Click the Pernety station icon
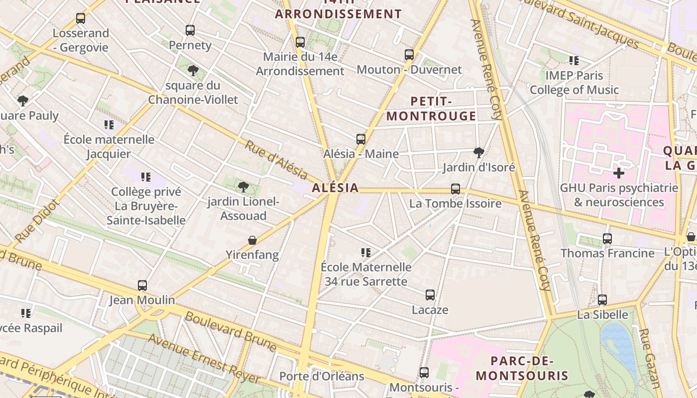click(190, 30)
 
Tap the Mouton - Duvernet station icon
click(409, 55)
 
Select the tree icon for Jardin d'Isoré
click(478, 152)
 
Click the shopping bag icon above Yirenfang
click(252, 240)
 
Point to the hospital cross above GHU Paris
click(619, 173)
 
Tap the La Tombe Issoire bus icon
click(455, 189)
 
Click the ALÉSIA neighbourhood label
click(335, 188)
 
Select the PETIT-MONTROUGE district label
click(431, 109)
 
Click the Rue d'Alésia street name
click(276, 159)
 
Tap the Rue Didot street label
click(37, 221)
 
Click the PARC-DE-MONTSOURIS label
click(522, 368)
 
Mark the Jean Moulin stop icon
click(142, 286)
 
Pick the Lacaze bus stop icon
click(430, 295)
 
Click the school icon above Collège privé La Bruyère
click(145, 177)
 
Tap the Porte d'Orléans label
click(322, 376)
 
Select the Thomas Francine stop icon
click(607, 239)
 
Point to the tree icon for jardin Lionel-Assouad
click(243, 187)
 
